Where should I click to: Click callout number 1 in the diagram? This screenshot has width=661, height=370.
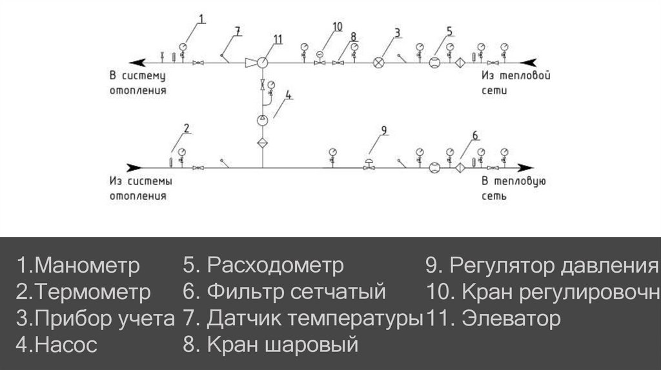pyautogui.click(x=201, y=20)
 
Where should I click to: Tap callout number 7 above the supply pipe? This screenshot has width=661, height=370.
pyautogui.click(x=237, y=30)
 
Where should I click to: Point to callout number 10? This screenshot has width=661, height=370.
pyautogui.click(x=338, y=26)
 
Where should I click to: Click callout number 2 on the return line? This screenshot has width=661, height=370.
pyautogui.click(x=187, y=127)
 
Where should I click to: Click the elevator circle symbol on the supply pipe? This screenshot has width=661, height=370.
pyautogui.click(x=263, y=63)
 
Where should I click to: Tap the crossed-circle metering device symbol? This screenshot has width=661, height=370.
pyautogui.click(x=379, y=63)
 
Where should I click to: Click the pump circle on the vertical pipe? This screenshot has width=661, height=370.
pyautogui.click(x=262, y=120)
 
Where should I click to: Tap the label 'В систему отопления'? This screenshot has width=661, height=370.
pyautogui.click(x=137, y=83)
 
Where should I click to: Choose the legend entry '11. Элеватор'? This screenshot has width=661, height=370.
pyautogui.click(x=493, y=318)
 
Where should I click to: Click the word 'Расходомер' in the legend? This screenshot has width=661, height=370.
pyautogui.click(x=276, y=266)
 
